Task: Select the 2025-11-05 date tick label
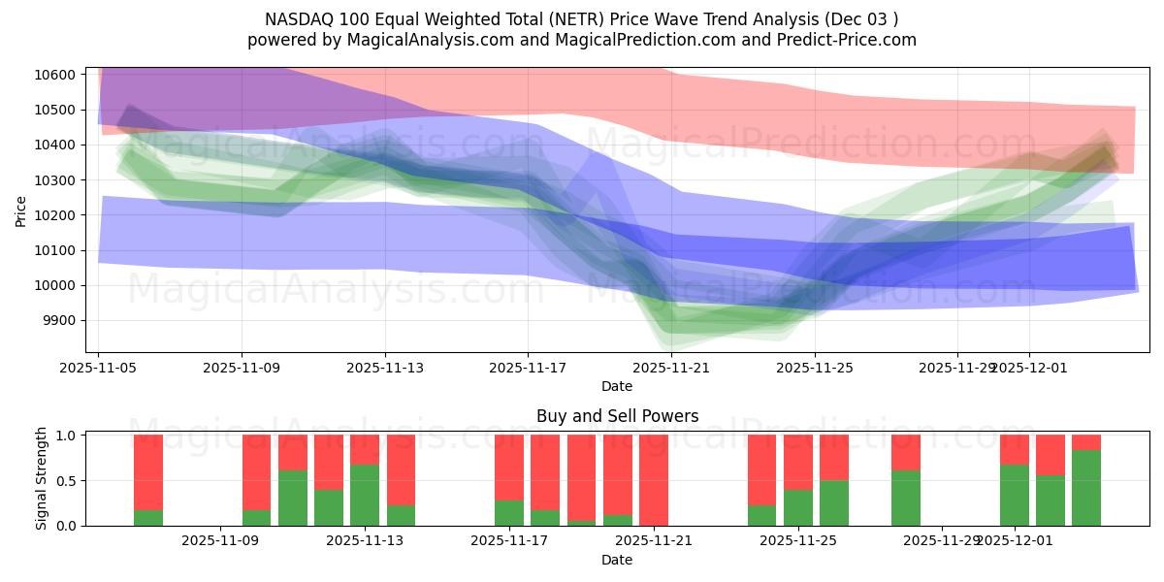[x=98, y=368]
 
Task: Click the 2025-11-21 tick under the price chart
[x=671, y=368]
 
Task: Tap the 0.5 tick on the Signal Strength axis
[x=68, y=481]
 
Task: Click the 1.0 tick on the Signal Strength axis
[x=68, y=436]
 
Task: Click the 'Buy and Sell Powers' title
[x=617, y=417]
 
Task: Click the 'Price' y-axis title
[x=21, y=210]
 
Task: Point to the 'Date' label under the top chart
[x=617, y=386]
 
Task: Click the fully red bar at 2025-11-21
[x=654, y=480]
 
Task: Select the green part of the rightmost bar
[x=1086, y=488]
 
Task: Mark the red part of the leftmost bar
[x=148, y=471]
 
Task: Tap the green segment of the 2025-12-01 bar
[x=1015, y=495]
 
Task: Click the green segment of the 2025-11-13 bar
[x=365, y=495]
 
